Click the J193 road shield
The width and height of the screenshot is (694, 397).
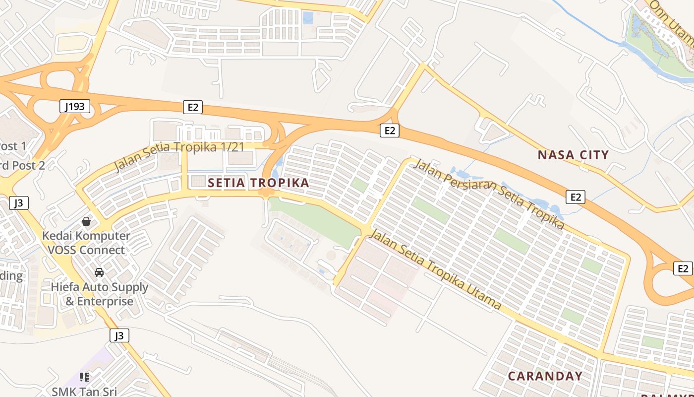[x=75, y=106]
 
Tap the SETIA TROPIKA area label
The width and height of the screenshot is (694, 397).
[x=258, y=183]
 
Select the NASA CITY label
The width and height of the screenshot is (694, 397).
[x=573, y=155]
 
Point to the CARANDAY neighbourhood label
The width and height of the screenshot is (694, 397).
[x=545, y=376]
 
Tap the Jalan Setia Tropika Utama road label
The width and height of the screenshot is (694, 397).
[x=435, y=269]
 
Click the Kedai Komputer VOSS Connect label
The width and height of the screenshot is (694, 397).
[x=86, y=243]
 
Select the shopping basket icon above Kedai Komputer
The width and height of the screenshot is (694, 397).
[x=86, y=221]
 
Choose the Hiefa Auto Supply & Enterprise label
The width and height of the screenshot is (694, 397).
[x=99, y=294]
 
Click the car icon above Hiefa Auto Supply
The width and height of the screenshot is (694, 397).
[x=99, y=272]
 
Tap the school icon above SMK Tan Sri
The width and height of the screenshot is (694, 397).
[x=84, y=377]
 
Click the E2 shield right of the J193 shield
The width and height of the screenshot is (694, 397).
[x=193, y=107]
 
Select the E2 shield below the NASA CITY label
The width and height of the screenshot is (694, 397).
[x=575, y=197]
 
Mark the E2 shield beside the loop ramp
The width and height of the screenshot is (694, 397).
[x=683, y=268]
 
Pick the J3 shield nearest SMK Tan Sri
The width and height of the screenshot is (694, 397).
[x=119, y=335]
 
